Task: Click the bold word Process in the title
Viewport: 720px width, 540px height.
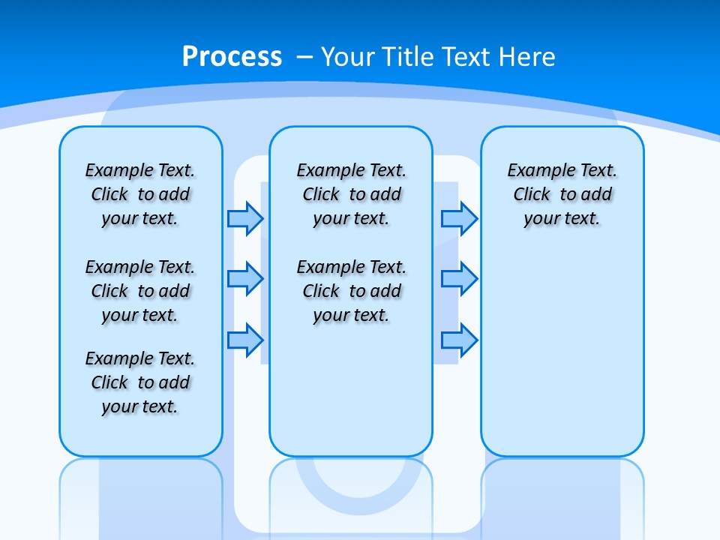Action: pos(232,57)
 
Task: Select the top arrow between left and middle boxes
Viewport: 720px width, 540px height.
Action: pos(245,218)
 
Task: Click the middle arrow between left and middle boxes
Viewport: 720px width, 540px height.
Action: pos(245,279)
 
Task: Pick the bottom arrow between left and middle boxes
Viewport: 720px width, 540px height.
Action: pos(245,340)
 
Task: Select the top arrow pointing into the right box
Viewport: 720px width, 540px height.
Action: pos(459,218)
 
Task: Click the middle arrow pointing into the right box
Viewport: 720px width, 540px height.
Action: pos(459,279)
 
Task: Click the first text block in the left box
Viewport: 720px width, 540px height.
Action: pos(140,194)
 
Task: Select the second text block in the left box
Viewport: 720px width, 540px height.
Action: pos(140,291)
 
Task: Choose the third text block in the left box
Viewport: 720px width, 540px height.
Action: pos(140,382)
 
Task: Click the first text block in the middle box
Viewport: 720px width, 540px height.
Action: pos(351,194)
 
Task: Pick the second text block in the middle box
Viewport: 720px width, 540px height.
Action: pos(351,291)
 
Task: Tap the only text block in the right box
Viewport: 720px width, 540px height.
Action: pos(562,194)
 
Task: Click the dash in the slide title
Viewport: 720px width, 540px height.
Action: pos(304,57)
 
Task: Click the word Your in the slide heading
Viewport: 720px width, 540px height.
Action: pos(348,57)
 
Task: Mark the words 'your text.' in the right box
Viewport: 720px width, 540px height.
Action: pos(562,219)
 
